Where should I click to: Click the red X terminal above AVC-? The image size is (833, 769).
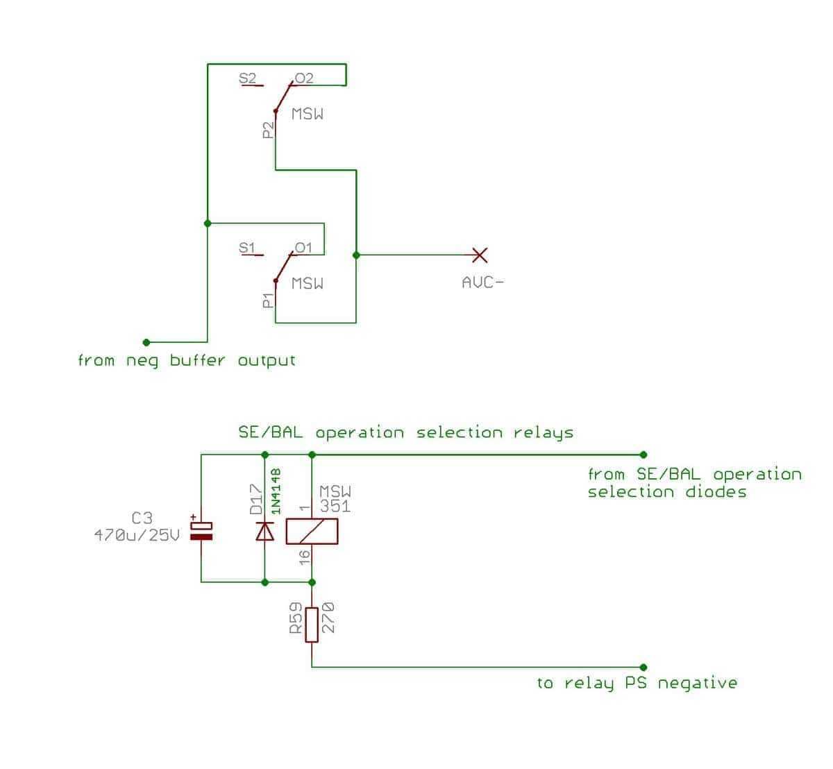click(480, 255)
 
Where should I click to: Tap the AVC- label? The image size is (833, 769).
click(482, 282)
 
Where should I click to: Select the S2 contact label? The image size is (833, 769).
click(247, 78)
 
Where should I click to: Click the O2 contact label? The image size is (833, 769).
click(304, 78)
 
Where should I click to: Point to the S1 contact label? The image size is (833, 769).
click(246, 248)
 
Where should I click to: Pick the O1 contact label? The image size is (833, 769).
click(303, 248)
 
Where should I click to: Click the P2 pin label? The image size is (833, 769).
click(268, 130)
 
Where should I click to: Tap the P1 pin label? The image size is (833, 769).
click(268, 301)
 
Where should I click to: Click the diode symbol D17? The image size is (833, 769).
click(264, 531)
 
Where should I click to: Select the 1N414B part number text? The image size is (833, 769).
click(276, 491)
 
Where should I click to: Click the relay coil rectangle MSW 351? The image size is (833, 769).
click(312, 532)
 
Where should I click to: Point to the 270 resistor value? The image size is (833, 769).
click(328, 618)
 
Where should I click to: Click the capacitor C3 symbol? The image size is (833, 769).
click(201, 531)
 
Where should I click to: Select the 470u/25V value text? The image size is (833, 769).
click(137, 535)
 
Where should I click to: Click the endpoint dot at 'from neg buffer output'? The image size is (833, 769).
click(146, 342)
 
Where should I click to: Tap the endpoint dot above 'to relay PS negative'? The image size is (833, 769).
click(643, 668)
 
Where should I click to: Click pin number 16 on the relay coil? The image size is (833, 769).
click(305, 557)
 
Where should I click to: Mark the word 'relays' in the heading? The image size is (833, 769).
click(544, 432)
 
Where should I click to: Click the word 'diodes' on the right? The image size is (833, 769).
click(716, 491)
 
